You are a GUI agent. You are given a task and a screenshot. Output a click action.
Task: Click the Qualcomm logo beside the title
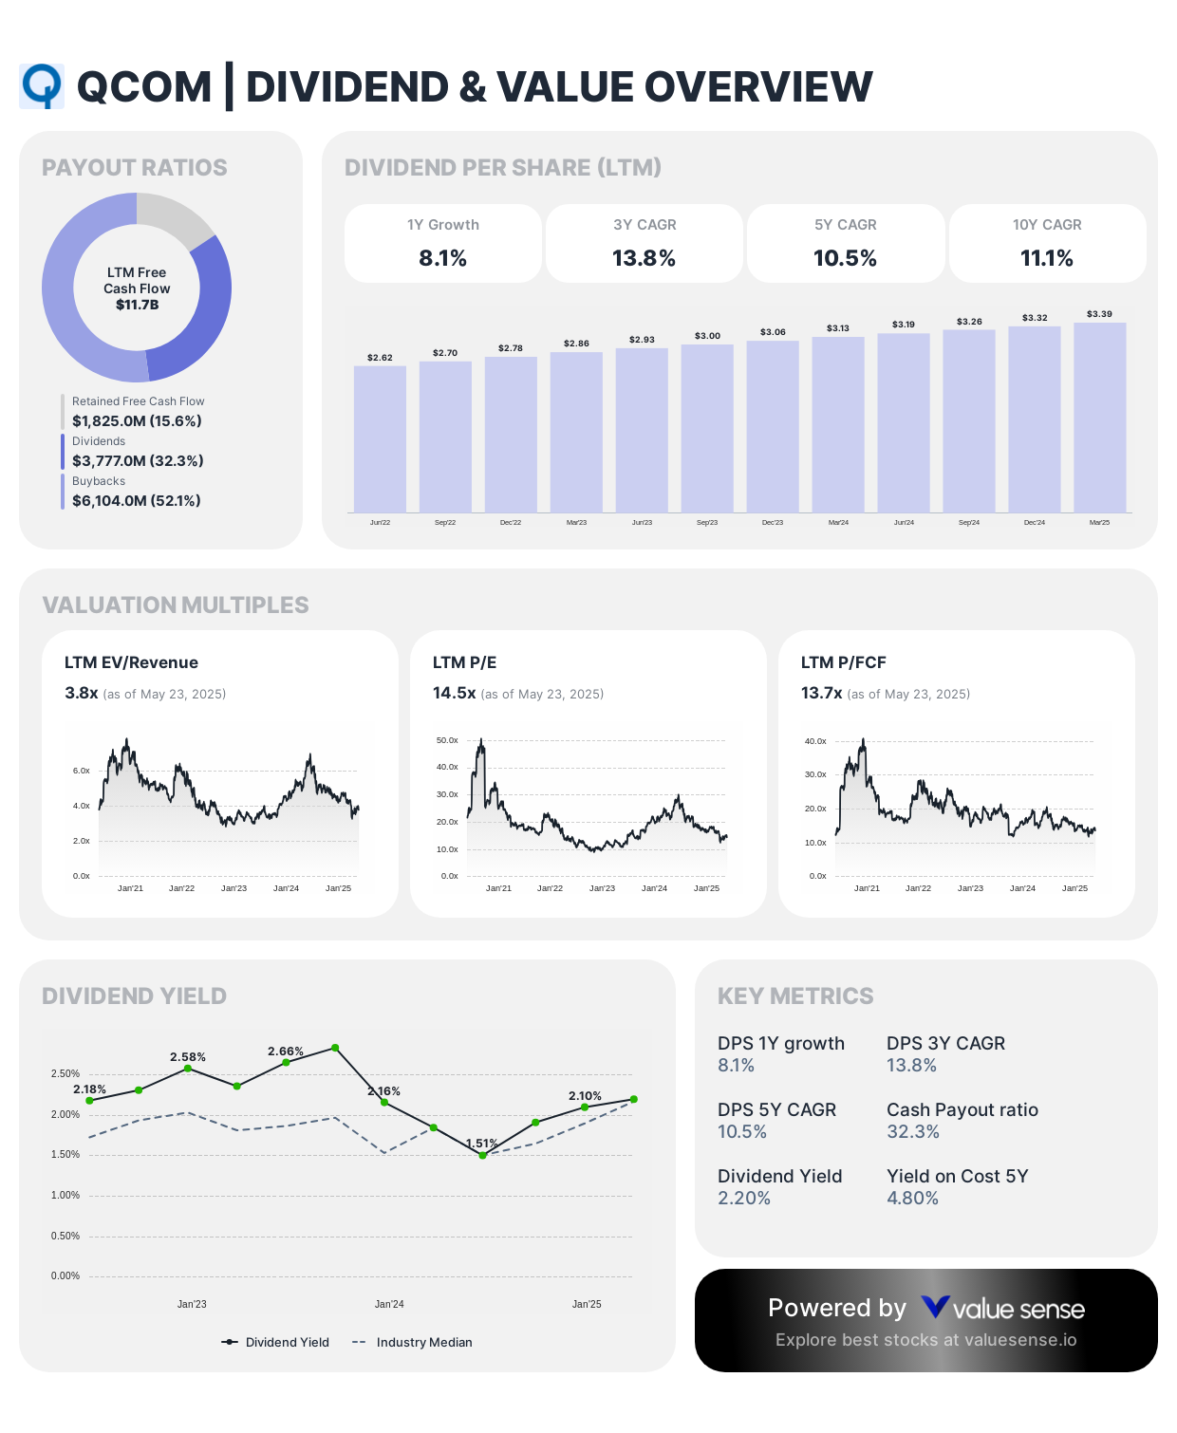point(42,86)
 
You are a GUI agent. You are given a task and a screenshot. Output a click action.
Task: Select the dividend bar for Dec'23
point(773,426)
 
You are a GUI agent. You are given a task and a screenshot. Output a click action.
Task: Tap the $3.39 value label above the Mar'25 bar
point(1099,314)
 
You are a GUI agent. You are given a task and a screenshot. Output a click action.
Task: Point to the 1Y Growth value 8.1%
point(442,258)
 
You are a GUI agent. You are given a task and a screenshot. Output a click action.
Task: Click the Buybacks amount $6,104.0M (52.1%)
point(137,501)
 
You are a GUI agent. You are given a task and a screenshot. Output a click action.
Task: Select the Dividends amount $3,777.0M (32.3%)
point(138,461)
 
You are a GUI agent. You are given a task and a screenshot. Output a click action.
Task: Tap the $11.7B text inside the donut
point(137,305)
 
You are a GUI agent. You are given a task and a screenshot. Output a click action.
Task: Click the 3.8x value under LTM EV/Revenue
point(82,693)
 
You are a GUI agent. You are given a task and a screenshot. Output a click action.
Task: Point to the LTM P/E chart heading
point(464,662)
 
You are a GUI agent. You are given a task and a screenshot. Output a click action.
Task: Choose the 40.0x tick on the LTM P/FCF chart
point(815,741)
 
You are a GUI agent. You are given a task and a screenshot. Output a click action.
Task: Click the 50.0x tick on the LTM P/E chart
point(447,740)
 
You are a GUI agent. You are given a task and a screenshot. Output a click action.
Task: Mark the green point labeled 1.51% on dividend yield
point(482,1155)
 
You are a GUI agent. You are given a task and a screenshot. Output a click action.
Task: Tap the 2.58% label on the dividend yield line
point(188,1057)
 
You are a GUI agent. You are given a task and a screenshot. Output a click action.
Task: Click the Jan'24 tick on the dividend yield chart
point(389,1304)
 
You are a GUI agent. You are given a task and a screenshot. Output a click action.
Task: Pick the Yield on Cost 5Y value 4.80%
point(912,1198)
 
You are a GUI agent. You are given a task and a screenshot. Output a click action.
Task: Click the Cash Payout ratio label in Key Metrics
point(962,1109)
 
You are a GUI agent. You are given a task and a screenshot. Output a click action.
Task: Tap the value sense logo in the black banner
point(1002,1309)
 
